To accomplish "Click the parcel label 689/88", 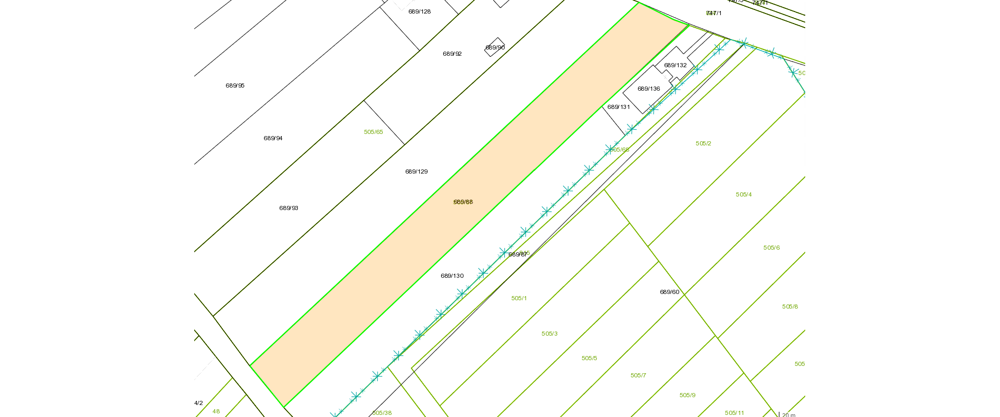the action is (x=463, y=202).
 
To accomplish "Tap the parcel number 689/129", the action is (x=416, y=171).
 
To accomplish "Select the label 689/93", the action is (x=289, y=208).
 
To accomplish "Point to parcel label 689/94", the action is (x=273, y=138).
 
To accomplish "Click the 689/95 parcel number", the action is (x=235, y=85).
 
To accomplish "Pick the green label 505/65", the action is (x=373, y=132).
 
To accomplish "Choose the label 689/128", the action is (x=419, y=11).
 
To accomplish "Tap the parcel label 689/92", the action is (x=452, y=54).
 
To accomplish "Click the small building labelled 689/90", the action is (x=495, y=47).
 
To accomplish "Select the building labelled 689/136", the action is (x=648, y=89).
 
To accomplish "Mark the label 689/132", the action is (x=675, y=65).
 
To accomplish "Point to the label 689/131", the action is (x=619, y=107).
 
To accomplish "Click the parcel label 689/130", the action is (x=452, y=276).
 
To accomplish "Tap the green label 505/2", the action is (x=703, y=143).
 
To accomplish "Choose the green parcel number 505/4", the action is (x=744, y=194).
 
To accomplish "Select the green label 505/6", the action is (x=771, y=248).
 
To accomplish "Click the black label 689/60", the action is (x=669, y=292).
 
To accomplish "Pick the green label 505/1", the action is (x=519, y=298).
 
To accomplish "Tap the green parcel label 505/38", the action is (x=382, y=413).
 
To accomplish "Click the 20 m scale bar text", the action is (x=789, y=415).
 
